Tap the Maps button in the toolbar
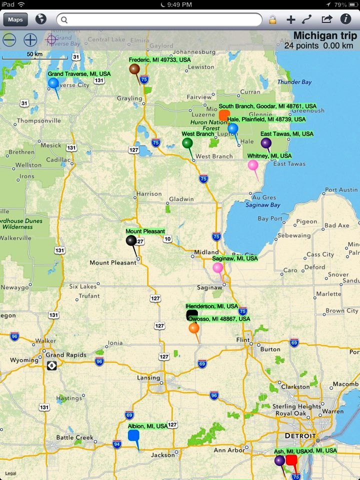tap(15, 19)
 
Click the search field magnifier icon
tap(64, 20)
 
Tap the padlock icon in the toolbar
tap(272, 20)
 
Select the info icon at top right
tap(345, 19)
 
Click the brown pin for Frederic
tap(134, 69)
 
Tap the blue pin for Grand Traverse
tap(53, 83)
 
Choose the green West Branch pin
tap(187, 143)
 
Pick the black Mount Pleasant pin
tap(131, 240)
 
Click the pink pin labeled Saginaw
tap(217, 268)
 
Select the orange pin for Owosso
tap(194, 328)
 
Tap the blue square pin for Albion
tap(133, 435)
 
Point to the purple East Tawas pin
tap(266, 143)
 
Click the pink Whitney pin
tap(253, 165)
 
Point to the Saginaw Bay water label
tap(262, 205)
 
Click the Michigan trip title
tap(325, 36)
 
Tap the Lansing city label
tap(148, 378)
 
